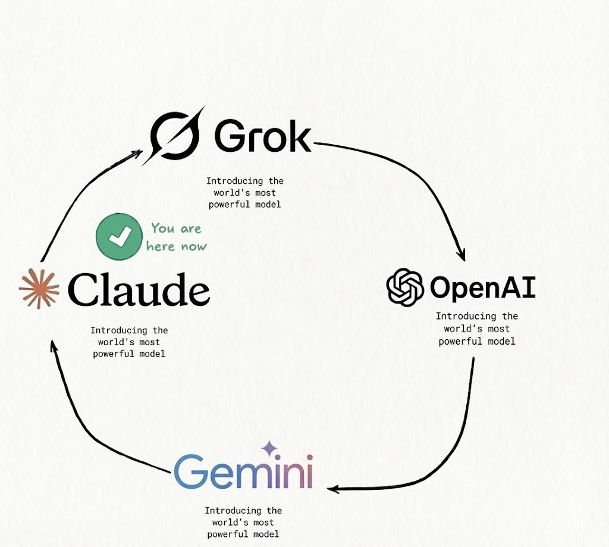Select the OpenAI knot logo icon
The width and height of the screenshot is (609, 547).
point(405,287)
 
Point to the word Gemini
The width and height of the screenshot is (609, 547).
point(243,472)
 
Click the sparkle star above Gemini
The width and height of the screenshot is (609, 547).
point(269,447)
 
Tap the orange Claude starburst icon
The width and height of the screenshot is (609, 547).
point(39,289)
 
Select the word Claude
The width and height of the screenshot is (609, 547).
point(139,290)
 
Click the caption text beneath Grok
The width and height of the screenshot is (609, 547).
point(245,193)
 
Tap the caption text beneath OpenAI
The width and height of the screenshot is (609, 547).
point(477,329)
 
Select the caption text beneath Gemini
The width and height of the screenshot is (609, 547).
point(243,522)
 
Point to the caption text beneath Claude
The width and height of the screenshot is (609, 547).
point(129,342)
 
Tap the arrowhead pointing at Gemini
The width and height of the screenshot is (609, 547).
point(334,489)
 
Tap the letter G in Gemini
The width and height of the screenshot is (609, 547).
point(190,472)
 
